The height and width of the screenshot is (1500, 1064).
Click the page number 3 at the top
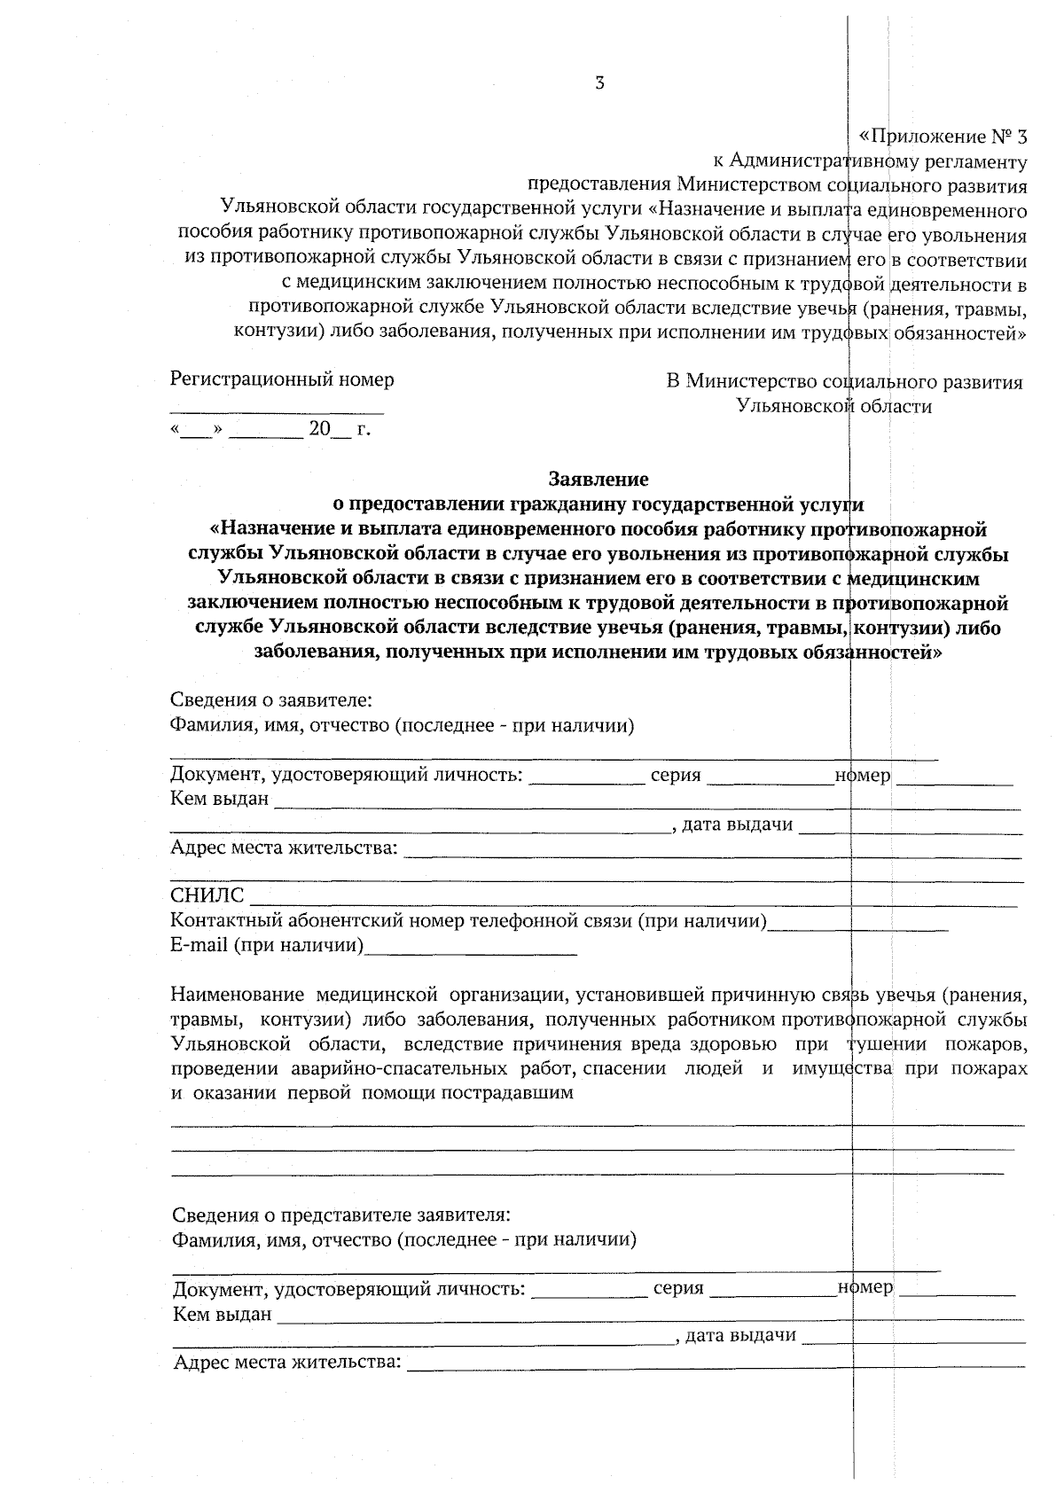click(600, 84)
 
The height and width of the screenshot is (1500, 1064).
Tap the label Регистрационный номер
click(282, 379)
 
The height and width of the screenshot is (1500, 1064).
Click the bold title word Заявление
click(598, 480)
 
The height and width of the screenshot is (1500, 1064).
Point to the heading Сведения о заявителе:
click(270, 700)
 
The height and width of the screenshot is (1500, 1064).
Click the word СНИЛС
click(207, 896)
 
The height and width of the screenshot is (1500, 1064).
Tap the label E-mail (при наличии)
click(267, 945)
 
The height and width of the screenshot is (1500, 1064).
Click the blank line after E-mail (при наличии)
click(471, 952)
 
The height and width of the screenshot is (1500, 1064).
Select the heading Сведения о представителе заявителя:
click(340, 1214)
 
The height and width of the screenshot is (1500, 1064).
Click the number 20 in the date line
click(318, 430)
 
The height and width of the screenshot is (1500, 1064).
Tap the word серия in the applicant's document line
click(676, 776)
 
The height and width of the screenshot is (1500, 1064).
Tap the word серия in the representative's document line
click(678, 1288)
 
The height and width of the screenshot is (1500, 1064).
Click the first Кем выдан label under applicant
click(219, 799)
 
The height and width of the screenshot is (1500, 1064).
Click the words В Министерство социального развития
click(844, 382)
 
